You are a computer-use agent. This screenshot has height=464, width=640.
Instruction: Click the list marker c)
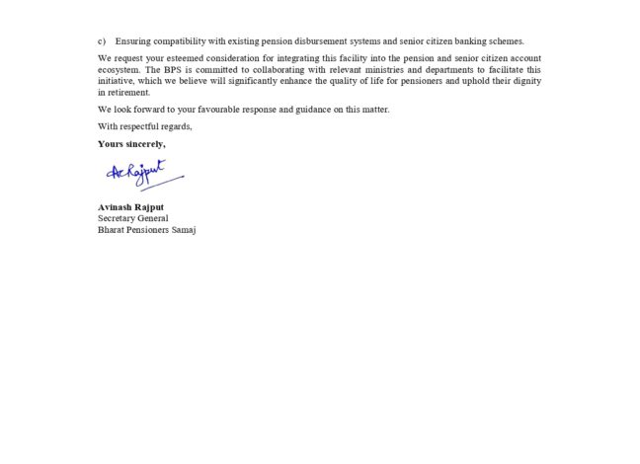click(x=102, y=41)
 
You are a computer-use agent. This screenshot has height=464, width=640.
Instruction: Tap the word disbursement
click(x=332, y=41)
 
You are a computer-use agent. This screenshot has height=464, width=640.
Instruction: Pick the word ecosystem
click(x=118, y=70)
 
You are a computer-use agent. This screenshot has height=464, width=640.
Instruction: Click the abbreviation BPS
click(x=178, y=70)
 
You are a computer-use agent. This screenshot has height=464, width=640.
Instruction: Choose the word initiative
click(x=116, y=81)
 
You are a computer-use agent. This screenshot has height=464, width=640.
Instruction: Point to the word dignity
click(x=525, y=81)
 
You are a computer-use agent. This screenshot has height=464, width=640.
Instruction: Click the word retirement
click(x=118, y=92)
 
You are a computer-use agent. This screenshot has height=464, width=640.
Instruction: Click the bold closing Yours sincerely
click(x=131, y=144)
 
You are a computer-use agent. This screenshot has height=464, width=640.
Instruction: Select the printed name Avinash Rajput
click(x=132, y=207)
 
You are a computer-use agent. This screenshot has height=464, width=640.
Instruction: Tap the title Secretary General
click(x=132, y=218)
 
